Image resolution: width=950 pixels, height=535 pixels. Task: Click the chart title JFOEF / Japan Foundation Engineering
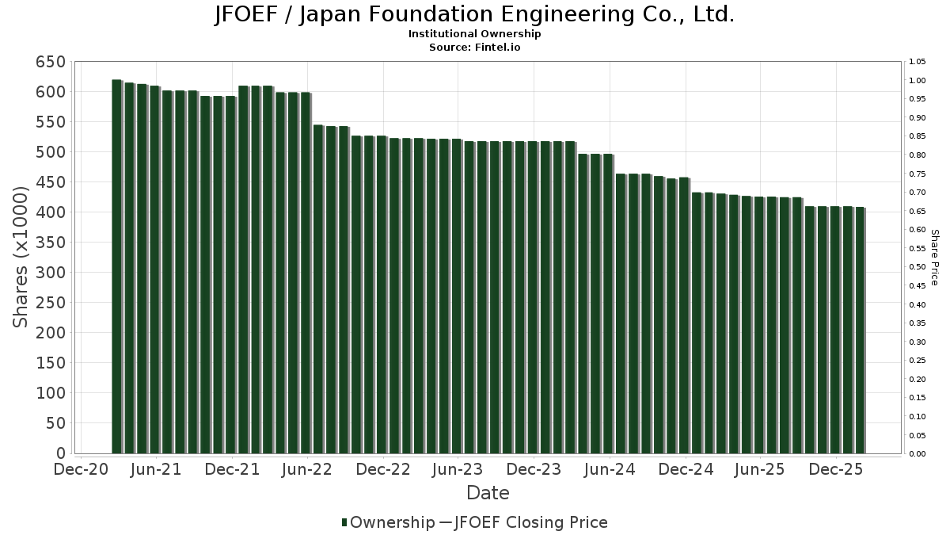474,15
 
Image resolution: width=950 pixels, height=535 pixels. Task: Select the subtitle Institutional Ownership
474,34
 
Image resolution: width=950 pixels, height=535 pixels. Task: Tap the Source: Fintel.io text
474,48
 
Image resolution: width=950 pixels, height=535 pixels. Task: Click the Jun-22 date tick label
307,470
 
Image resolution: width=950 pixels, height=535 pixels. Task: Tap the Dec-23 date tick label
534,470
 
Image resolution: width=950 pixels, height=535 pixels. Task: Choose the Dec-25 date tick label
835,470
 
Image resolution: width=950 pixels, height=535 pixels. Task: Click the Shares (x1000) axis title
21,257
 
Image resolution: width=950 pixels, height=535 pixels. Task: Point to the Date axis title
488,493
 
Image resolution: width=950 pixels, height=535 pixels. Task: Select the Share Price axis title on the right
934,258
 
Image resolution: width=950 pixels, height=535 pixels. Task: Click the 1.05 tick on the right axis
918,62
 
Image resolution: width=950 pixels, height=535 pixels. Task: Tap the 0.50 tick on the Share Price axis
918,267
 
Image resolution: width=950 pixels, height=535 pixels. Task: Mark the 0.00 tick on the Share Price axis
918,454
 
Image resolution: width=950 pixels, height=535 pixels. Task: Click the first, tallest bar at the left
116,266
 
